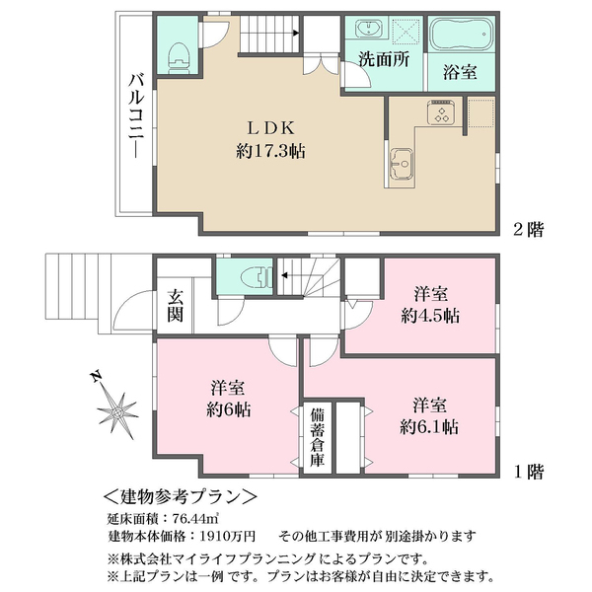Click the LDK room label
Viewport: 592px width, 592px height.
[270, 128]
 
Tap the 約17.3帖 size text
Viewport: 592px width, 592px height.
[270, 151]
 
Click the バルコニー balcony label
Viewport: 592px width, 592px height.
[136, 115]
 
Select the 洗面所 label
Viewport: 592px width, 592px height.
[384, 59]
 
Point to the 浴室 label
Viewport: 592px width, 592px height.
[460, 72]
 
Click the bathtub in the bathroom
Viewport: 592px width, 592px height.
[463, 34]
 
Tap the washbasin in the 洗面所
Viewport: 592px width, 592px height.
[368, 29]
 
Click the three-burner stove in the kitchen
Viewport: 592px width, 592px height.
[441, 112]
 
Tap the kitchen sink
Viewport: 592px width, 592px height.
[402, 163]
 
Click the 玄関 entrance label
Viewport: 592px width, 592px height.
[175, 306]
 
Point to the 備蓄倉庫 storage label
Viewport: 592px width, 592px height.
[317, 437]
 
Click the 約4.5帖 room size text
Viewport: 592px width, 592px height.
[430, 317]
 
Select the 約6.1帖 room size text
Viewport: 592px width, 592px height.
[429, 427]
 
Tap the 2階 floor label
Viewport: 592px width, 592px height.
[528, 229]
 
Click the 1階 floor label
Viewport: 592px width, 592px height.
[529, 472]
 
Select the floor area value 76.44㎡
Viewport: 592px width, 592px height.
[195, 519]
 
